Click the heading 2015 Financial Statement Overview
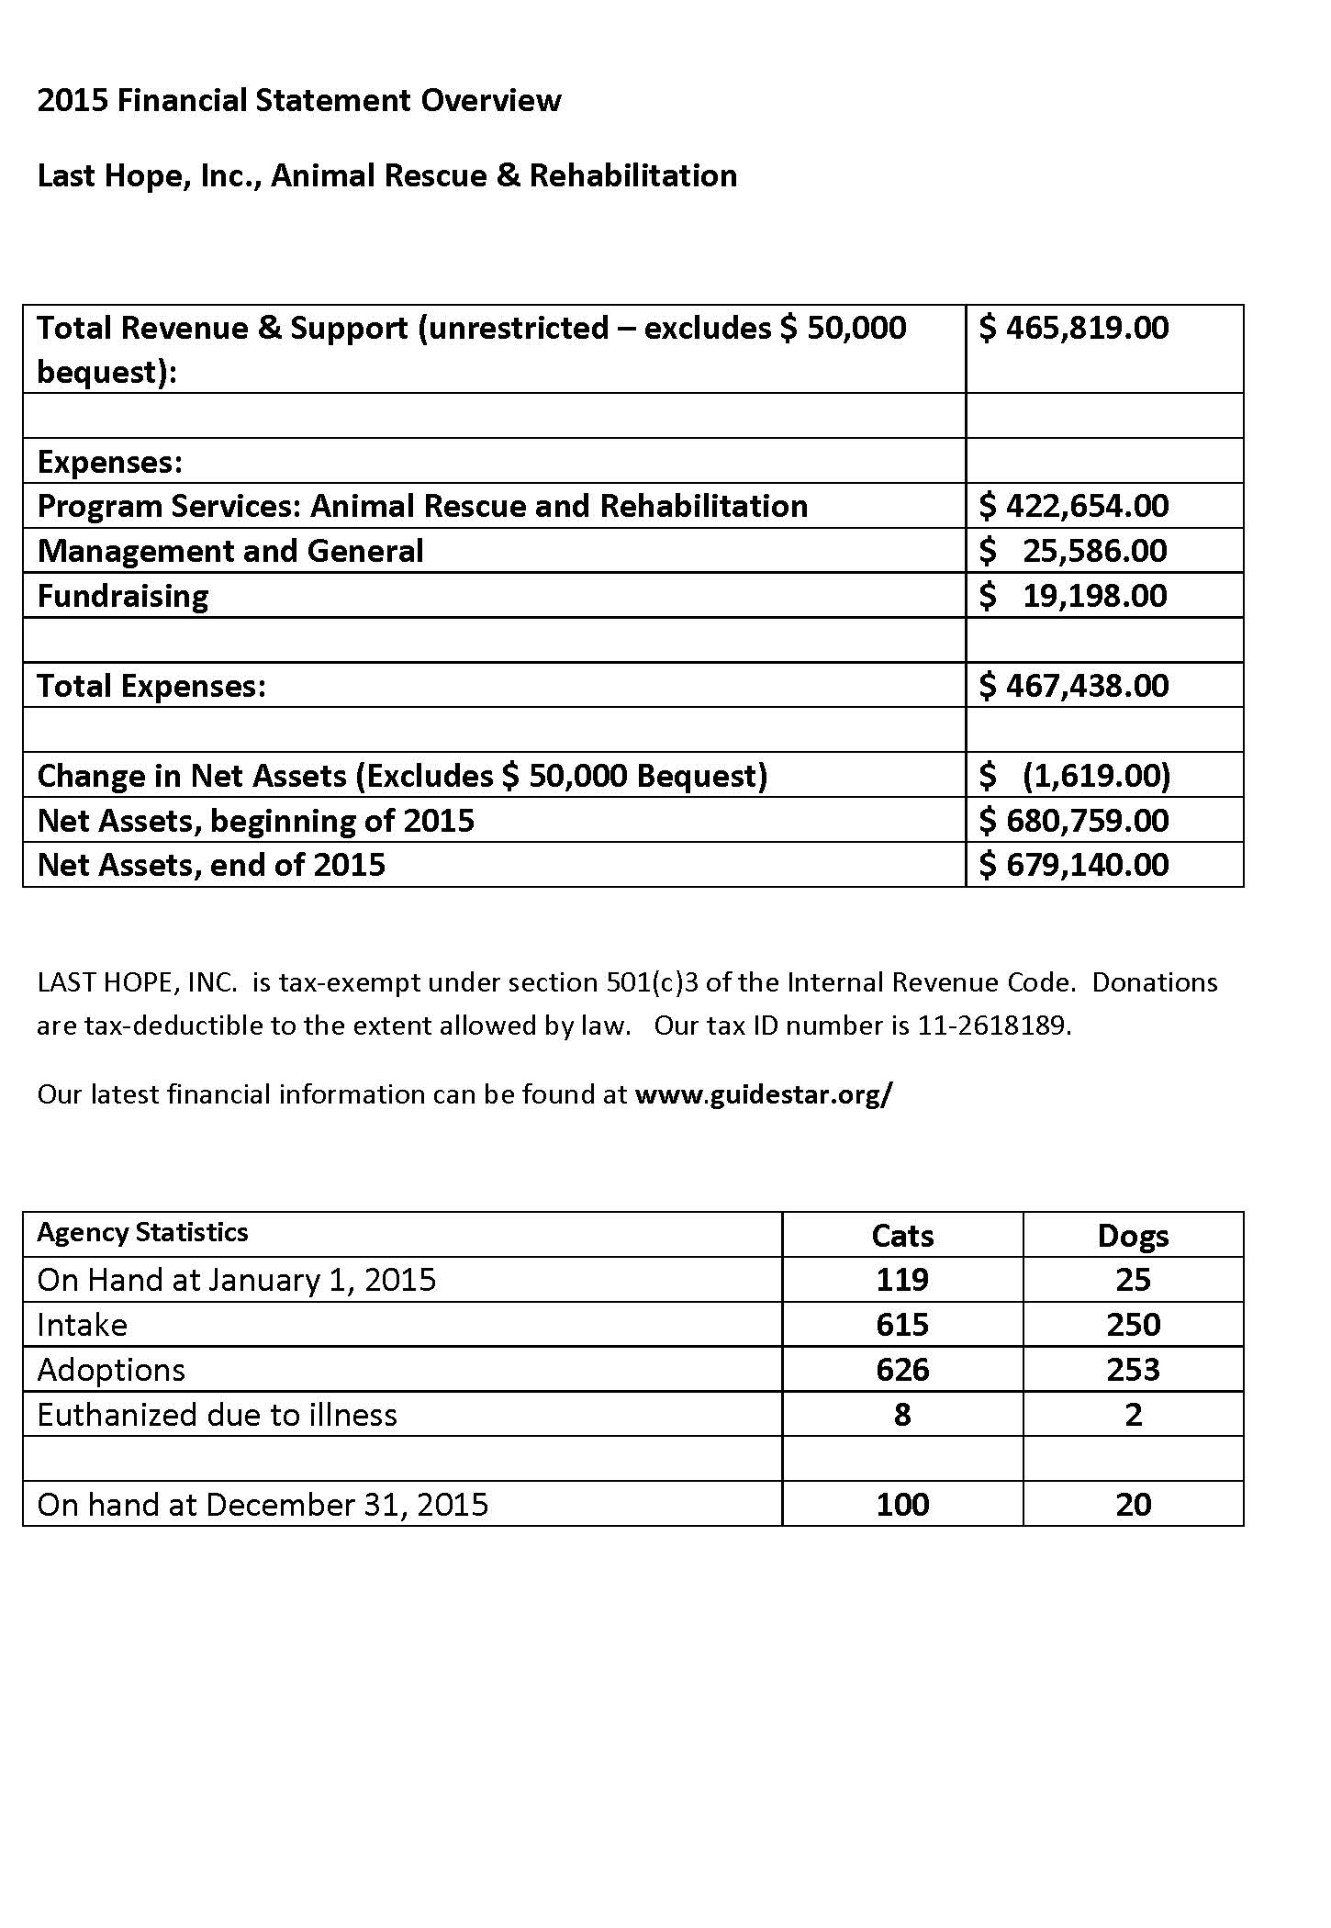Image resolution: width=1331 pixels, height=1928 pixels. click(x=298, y=100)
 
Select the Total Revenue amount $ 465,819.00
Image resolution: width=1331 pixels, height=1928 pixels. click(x=1073, y=328)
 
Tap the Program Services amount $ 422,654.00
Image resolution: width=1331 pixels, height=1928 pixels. click(x=1073, y=506)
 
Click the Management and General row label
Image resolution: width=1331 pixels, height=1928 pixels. click(x=230, y=551)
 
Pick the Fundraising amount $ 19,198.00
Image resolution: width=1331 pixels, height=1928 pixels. click(x=1073, y=596)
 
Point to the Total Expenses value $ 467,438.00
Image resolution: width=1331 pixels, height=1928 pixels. click(x=1073, y=686)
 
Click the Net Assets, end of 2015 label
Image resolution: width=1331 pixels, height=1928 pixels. click(x=211, y=865)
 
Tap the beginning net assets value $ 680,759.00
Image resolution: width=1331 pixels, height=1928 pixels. click(x=1073, y=820)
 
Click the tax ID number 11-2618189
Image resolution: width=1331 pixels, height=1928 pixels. click(x=993, y=1026)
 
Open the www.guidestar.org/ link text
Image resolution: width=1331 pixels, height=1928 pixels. click(x=763, y=1094)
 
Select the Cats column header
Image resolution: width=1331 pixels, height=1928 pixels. click(x=902, y=1236)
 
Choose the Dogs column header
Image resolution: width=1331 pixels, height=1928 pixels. click(x=1133, y=1236)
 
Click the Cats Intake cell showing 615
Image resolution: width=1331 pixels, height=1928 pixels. click(x=902, y=1325)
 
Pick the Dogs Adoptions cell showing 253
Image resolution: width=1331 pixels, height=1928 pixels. click(x=1133, y=1370)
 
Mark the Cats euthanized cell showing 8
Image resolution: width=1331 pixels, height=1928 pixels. click(x=902, y=1415)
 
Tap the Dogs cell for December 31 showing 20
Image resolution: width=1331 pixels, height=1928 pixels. click(x=1133, y=1505)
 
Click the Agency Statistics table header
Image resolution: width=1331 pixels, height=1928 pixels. click(x=142, y=1232)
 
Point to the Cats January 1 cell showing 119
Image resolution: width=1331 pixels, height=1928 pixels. click(x=902, y=1280)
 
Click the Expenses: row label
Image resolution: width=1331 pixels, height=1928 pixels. click(x=110, y=462)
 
